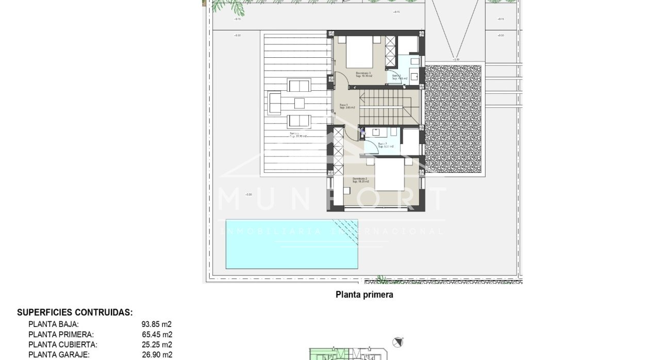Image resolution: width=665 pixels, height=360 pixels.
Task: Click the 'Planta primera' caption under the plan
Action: point(364,295)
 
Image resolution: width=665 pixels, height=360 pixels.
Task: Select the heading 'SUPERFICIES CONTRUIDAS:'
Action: point(75,313)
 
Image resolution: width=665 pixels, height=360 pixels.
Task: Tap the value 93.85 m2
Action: point(157,324)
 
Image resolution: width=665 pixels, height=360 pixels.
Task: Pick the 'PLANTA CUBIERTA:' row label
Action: point(63,345)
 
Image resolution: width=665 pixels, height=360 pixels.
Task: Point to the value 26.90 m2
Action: point(157,355)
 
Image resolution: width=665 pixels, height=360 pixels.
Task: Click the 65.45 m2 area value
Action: point(157,335)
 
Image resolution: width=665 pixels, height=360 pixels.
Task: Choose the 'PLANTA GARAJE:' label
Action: point(59,355)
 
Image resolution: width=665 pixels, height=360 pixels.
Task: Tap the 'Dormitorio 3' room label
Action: point(363,73)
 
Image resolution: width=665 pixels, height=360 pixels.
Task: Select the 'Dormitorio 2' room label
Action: point(359,179)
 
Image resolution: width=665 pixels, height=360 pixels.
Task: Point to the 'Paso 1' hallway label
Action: point(343,105)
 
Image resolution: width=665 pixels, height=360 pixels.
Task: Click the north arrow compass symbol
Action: point(397,342)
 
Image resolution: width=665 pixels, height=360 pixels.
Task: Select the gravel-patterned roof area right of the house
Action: point(454,119)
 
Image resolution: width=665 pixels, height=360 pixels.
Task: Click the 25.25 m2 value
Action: point(157,345)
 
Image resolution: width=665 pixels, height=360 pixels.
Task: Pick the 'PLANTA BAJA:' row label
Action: point(54,324)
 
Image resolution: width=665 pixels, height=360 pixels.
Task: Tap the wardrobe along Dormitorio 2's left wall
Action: point(338,151)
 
